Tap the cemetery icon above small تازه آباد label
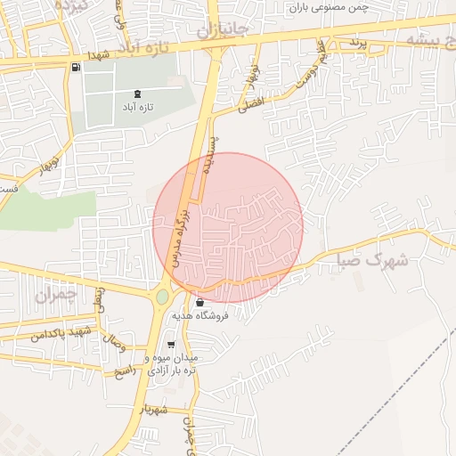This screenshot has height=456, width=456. click(137, 93)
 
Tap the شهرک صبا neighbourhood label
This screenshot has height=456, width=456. click(372, 261)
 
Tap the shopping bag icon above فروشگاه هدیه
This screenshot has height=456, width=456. click(199, 302)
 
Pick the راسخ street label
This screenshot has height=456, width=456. click(121, 370)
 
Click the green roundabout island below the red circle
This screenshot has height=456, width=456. click(162, 297)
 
